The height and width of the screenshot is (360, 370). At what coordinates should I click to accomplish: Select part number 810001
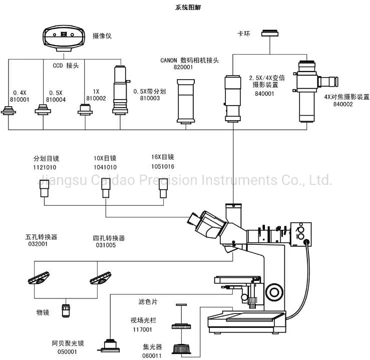click(21, 100)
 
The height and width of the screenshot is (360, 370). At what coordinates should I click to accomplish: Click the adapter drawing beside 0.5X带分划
click(120, 91)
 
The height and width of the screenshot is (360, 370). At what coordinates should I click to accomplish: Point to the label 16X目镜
click(162, 157)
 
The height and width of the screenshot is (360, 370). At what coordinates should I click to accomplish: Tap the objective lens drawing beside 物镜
click(66, 310)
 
